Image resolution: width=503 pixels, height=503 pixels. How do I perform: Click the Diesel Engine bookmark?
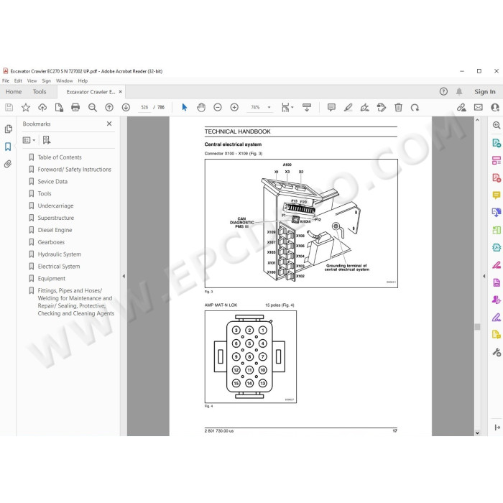[x=55, y=230]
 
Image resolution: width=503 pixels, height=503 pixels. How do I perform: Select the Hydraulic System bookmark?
[x=59, y=254]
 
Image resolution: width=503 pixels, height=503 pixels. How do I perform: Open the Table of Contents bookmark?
[x=60, y=157]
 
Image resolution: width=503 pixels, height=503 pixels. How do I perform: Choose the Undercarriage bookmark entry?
[x=55, y=206]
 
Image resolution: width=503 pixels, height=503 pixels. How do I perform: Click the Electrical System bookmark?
[x=59, y=267]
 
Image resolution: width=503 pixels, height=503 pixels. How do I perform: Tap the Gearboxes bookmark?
[x=50, y=242]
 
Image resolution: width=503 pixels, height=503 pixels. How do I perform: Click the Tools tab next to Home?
[x=40, y=92]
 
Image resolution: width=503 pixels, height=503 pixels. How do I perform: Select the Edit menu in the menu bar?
[x=17, y=81]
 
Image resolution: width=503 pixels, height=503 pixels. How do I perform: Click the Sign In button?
[x=484, y=92]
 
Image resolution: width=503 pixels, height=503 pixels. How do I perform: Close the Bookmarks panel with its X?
[x=109, y=124]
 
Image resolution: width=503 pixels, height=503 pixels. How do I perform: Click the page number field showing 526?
[x=144, y=107]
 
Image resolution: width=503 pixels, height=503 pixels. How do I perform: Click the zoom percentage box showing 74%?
[x=255, y=107]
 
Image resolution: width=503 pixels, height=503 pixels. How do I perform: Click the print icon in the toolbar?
[x=75, y=107]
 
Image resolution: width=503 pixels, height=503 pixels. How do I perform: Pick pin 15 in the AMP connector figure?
[x=236, y=384]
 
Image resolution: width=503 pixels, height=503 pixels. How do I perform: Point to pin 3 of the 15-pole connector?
[x=236, y=330]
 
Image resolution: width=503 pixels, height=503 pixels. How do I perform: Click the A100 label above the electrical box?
[x=287, y=165]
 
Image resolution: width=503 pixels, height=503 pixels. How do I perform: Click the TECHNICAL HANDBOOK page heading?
[x=237, y=131]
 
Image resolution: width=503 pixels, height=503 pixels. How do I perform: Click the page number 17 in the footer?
[x=394, y=430]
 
